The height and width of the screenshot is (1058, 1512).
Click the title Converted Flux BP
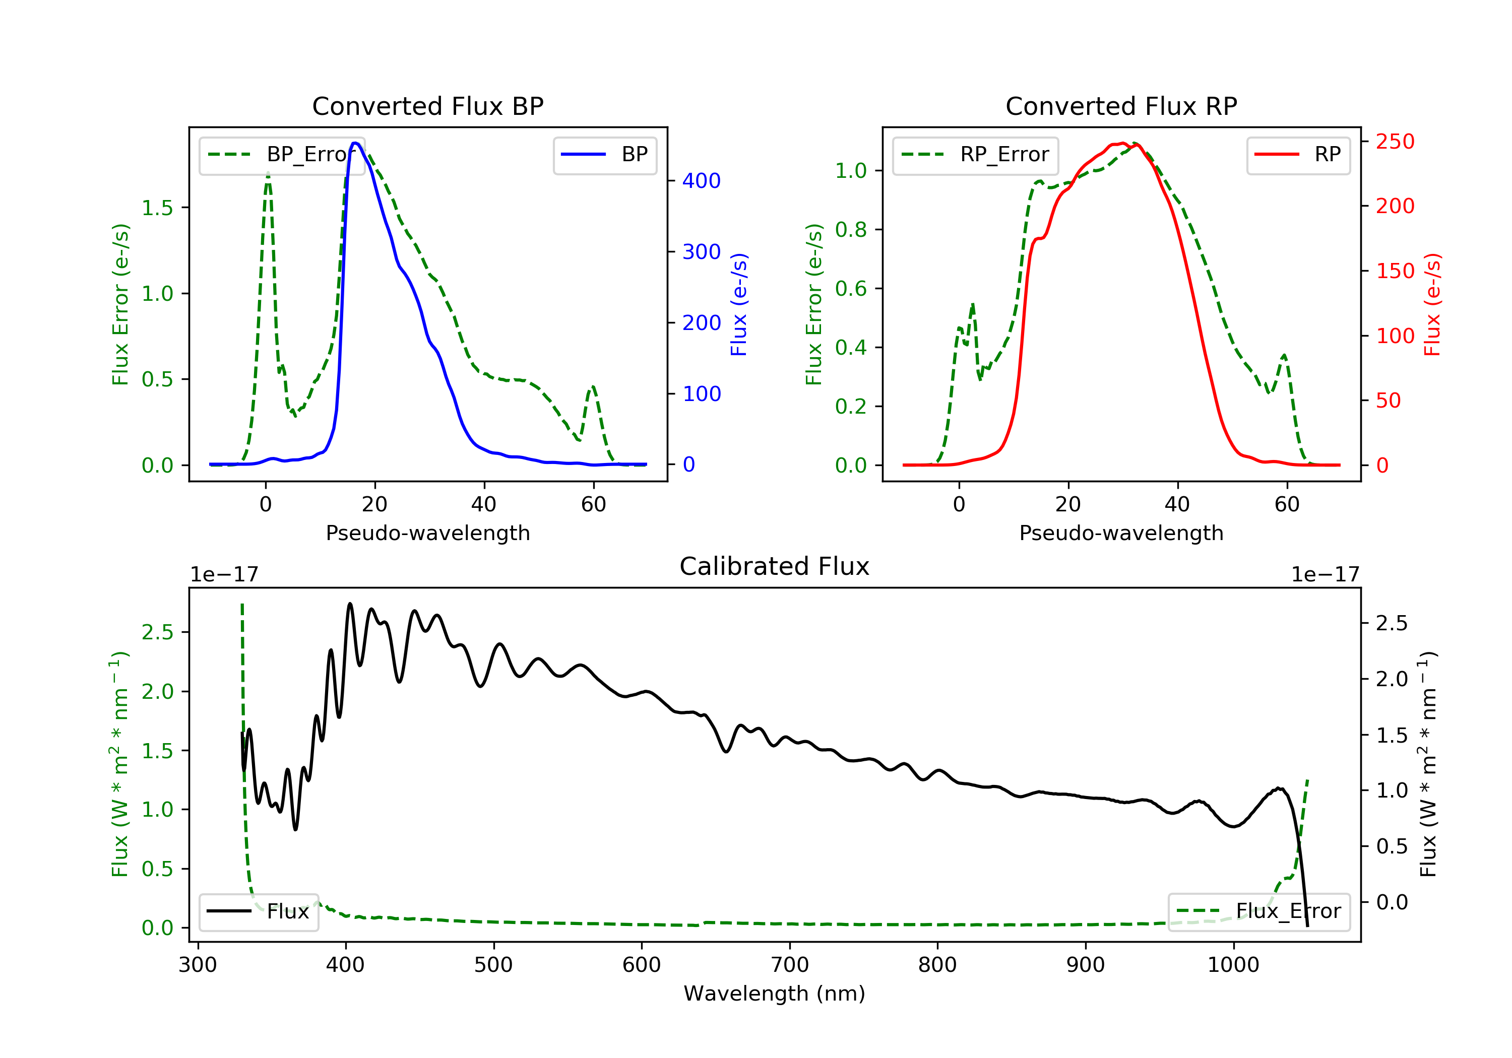click(x=427, y=106)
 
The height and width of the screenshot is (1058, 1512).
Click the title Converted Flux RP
click(x=1121, y=106)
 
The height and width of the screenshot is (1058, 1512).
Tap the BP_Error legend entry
click(x=282, y=155)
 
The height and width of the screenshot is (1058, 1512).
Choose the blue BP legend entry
click(x=604, y=155)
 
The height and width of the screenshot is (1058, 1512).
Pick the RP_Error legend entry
click(x=975, y=155)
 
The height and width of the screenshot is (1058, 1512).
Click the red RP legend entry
click(x=1298, y=155)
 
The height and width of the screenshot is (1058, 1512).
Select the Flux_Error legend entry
click(x=1258, y=911)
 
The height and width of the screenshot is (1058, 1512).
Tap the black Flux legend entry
click(x=259, y=911)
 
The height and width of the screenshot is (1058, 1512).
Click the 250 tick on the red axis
click(x=1395, y=142)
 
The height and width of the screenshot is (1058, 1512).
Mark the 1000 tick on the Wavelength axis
click(x=1233, y=965)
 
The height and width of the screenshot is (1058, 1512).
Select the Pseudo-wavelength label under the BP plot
click(x=427, y=533)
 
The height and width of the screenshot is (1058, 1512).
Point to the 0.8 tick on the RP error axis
click(x=850, y=230)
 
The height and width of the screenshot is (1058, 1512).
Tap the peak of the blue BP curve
click(x=355, y=143)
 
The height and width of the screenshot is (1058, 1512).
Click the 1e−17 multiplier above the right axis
click(x=1325, y=575)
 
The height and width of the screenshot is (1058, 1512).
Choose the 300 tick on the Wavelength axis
click(x=198, y=965)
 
